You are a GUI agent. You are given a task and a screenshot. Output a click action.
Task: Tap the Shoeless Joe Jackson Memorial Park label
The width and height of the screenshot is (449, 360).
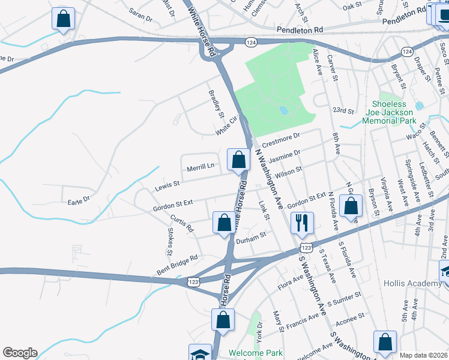(x=388, y=112)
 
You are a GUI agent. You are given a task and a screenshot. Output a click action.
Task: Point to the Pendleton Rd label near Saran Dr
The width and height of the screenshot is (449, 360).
(x=300, y=29)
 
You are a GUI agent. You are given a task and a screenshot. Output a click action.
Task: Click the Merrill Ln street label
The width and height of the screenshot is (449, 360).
(x=200, y=167)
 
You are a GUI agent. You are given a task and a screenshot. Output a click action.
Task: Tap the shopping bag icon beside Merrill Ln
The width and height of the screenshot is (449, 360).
(x=238, y=160)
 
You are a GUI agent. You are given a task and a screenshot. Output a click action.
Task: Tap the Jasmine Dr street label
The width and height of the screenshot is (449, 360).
(x=284, y=158)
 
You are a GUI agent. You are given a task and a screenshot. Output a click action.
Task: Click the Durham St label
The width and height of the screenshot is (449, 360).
(x=251, y=239)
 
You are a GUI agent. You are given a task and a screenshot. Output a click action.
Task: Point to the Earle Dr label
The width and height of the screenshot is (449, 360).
(x=79, y=199)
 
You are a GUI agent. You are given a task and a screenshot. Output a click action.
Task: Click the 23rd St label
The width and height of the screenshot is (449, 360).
(x=345, y=110)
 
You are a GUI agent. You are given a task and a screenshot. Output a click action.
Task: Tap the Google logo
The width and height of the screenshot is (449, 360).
(x=20, y=353)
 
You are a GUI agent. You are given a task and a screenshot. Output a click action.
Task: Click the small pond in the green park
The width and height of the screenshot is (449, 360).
(x=283, y=110)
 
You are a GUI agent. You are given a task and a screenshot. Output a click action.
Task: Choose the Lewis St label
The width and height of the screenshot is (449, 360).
(x=169, y=184)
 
